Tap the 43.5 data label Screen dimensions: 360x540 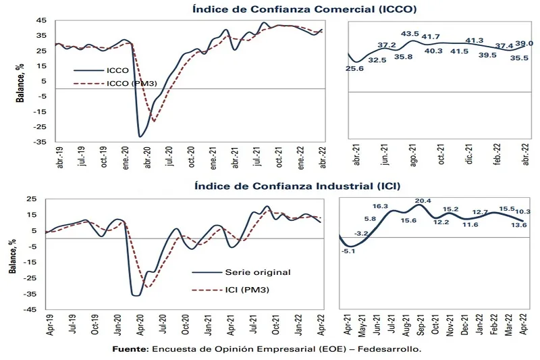410,33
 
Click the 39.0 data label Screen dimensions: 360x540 524,43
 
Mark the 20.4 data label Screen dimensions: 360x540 423,201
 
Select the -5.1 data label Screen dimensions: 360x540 349,251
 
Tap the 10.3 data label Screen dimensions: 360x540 522,212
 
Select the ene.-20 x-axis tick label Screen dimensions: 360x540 126,159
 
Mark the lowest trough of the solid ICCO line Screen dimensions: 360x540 140,137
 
